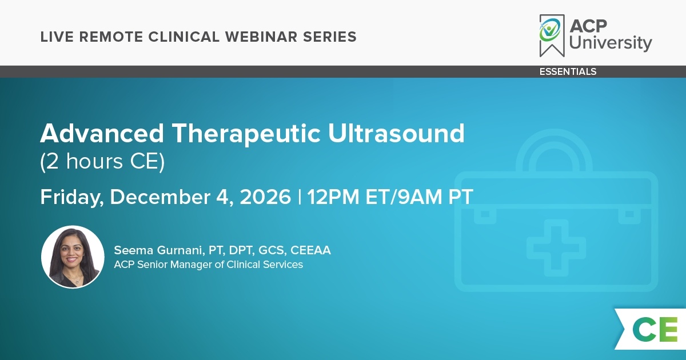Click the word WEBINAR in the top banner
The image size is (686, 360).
pyautogui.click(x=261, y=37)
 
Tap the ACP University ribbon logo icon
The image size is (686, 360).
pyautogui.click(x=552, y=35)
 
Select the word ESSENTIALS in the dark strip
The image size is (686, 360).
pyautogui.click(x=568, y=71)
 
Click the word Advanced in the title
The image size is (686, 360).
pyautogui.click(x=102, y=133)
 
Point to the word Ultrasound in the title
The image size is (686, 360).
pyautogui.click(x=396, y=133)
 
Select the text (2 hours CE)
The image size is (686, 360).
pyautogui.click(x=102, y=161)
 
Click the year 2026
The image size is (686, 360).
pyautogui.click(x=265, y=197)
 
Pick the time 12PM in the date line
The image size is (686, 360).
pyautogui.click(x=333, y=197)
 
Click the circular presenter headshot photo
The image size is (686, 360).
pyautogui.click(x=73, y=257)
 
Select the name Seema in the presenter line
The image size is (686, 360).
pyautogui.click(x=133, y=250)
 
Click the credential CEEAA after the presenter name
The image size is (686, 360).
pyautogui.click(x=310, y=250)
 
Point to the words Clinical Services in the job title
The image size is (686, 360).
pyautogui.click(x=265, y=264)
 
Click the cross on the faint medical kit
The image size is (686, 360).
pyautogui.click(x=556, y=247)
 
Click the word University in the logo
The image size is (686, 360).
pyautogui.click(x=611, y=43)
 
